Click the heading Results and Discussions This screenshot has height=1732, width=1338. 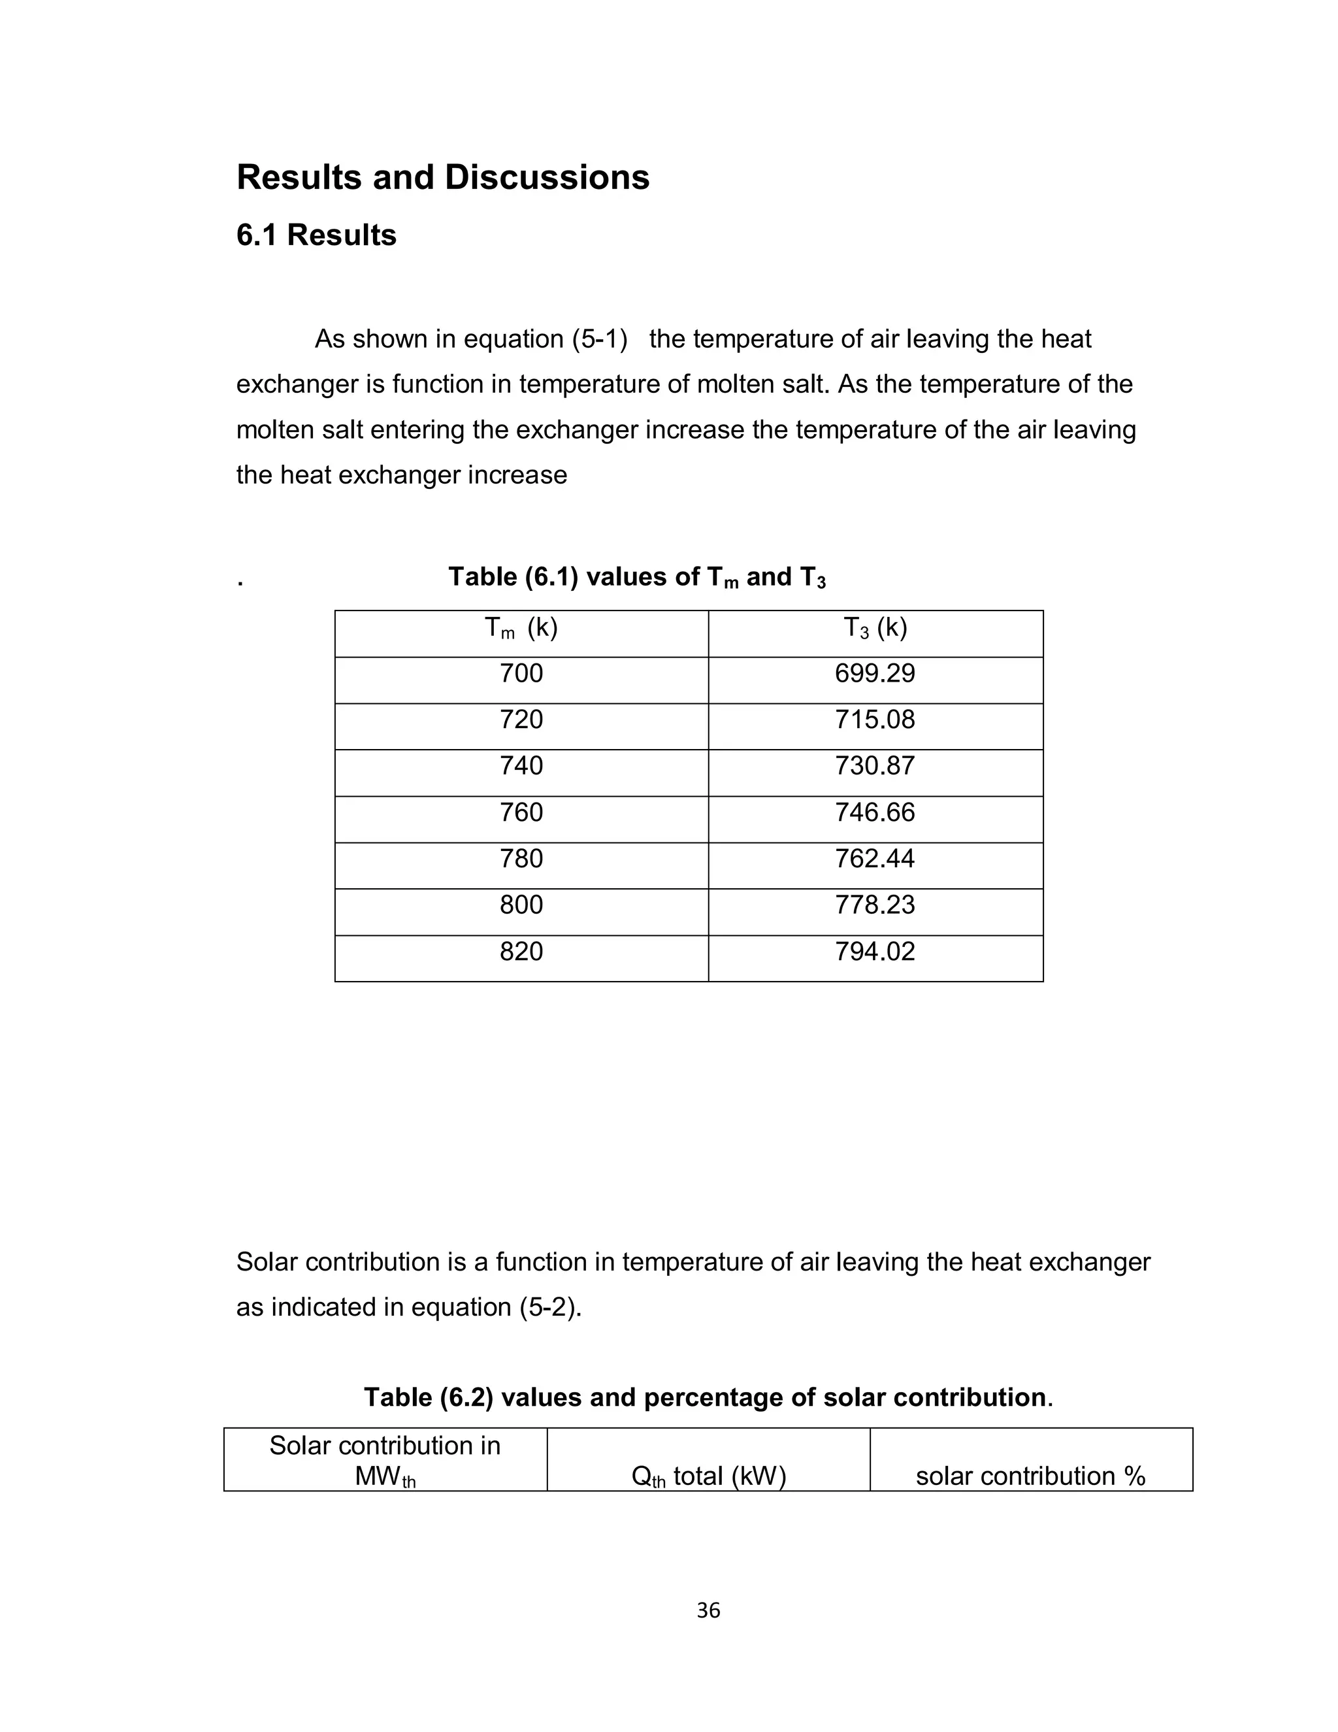coord(442,177)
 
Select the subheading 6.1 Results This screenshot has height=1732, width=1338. coord(316,235)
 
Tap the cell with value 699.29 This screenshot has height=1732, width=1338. coord(874,673)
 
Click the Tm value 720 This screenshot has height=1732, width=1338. coord(521,720)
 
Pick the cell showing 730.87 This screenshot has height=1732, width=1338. coord(874,765)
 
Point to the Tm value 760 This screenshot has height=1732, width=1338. coord(521,812)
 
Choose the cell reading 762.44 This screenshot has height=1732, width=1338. coord(874,858)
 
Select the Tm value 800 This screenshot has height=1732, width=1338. coord(521,904)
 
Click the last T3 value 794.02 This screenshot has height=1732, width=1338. coord(874,951)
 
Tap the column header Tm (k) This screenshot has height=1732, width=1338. coord(521,628)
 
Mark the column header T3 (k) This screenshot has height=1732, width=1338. coord(874,628)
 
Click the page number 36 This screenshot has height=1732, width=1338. coord(708,1610)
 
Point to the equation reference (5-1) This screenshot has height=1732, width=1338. coord(599,339)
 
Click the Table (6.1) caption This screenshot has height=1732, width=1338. coord(636,577)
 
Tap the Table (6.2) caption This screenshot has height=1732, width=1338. coord(708,1397)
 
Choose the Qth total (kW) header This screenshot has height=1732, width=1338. coord(708,1476)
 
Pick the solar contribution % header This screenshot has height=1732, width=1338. coord(1030,1476)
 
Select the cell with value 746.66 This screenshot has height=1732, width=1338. coord(874,812)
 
